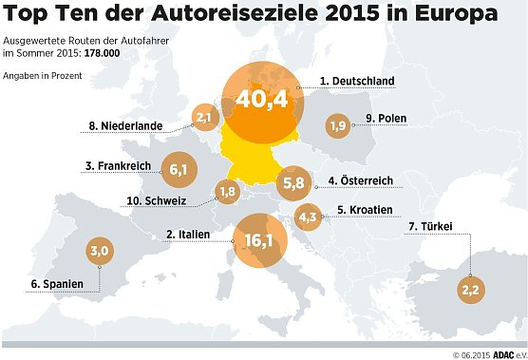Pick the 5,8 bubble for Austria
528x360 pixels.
(x=293, y=181)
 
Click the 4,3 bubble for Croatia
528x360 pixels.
(x=308, y=217)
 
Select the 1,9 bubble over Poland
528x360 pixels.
(x=337, y=125)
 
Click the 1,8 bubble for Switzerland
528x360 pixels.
(x=228, y=192)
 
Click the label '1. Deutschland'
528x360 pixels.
(x=356, y=82)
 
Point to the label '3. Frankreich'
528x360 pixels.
(x=119, y=165)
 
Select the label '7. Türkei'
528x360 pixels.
(x=428, y=226)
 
